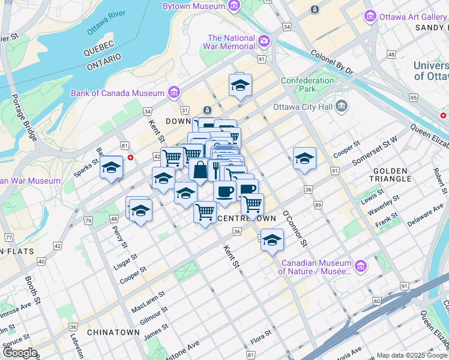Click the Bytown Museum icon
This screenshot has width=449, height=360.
(x=234, y=6)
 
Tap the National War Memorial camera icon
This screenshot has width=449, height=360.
(x=264, y=41)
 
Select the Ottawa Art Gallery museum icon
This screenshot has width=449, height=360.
(x=370, y=17)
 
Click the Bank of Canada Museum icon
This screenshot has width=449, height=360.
(x=174, y=92)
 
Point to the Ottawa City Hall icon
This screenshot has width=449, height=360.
(x=342, y=107)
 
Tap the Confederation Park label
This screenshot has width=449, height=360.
(x=307, y=85)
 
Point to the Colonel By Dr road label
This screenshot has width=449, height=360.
(x=331, y=62)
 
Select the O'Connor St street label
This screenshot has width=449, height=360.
(x=295, y=228)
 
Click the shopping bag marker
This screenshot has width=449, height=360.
(x=199, y=170)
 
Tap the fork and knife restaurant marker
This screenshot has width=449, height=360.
(x=215, y=168)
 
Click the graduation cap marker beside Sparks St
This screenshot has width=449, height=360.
(x=112, y=167)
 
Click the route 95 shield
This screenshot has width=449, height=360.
(x=413, y=97)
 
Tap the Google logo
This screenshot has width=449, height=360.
(x=19, y=353)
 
